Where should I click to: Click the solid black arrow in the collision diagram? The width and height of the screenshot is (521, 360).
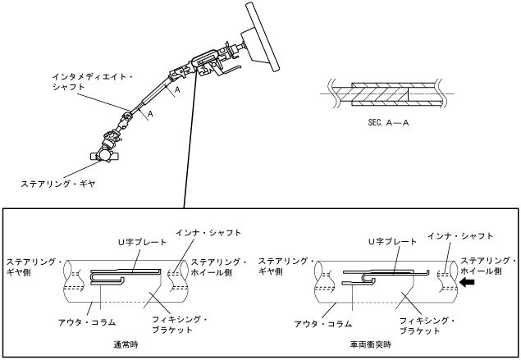pos(467,281)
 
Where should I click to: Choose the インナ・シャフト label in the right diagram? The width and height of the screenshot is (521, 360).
pos(460,235)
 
